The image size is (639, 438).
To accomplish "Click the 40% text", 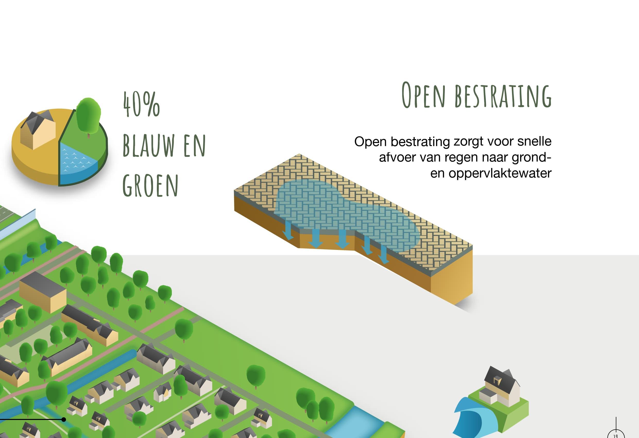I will click(141, 104).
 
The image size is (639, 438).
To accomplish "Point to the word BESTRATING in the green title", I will click(503, 96).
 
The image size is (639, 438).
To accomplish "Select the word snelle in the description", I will click(534, 141).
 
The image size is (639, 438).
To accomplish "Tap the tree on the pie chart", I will click(88, 115).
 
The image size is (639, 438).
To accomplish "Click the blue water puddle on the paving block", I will click(344, 212).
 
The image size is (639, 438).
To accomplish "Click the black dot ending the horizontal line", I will click(64, 419).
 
